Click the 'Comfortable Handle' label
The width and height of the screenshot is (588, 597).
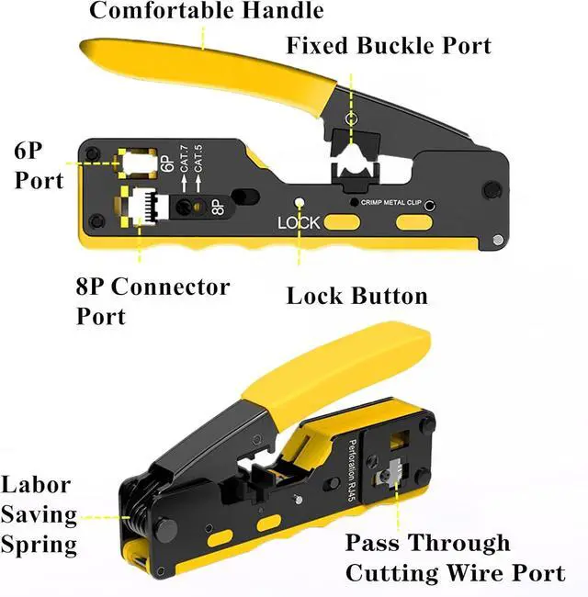(206, 11)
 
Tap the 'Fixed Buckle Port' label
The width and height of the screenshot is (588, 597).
(389, 45)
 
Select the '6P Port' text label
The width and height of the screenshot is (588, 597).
(40, 163)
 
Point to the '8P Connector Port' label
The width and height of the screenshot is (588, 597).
(152, 300)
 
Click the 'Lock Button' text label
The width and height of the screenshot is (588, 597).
(356, 296)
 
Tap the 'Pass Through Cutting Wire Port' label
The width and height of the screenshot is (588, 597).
(454, 558)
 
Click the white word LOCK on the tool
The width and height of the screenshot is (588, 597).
(298, 223)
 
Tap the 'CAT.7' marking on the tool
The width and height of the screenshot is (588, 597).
(184, 168)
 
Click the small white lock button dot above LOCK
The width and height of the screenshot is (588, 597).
(298, 204)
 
